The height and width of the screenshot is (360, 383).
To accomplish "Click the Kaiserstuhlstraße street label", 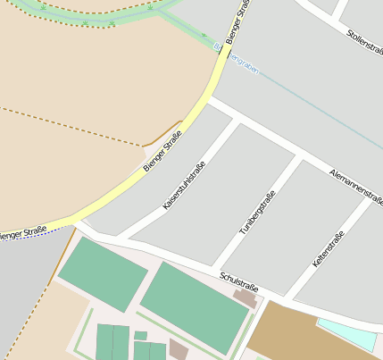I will point(185,186).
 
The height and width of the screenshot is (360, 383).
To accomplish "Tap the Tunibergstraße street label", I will point(258,213).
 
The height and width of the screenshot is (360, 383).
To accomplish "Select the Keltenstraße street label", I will point(329,252).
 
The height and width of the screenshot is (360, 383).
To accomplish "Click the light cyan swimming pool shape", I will point(348,333).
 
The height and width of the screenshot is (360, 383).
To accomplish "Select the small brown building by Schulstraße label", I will point(245,297).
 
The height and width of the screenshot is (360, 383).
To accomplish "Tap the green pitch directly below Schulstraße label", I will point(194,308).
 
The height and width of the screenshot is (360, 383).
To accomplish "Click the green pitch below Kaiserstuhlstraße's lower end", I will point(103,272).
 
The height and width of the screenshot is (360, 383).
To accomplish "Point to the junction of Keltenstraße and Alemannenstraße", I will point(369,197).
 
